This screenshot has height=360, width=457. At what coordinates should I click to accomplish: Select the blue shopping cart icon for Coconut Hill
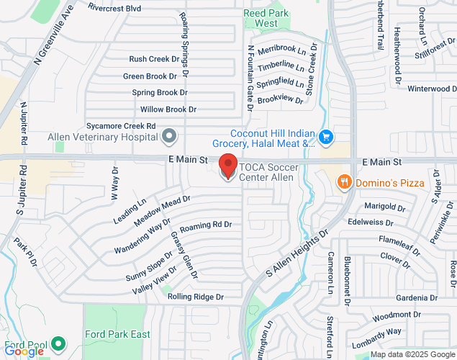326,135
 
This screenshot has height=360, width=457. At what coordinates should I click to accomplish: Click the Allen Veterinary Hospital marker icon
169,135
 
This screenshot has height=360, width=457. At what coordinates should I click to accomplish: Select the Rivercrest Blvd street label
114,7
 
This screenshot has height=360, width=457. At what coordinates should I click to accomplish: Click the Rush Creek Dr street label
153,59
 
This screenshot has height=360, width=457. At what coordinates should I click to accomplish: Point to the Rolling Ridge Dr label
196,297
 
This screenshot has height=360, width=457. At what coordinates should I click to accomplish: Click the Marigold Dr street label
386,207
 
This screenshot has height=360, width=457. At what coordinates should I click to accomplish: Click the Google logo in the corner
23,351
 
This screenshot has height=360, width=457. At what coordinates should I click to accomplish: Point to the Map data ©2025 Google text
412,354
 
